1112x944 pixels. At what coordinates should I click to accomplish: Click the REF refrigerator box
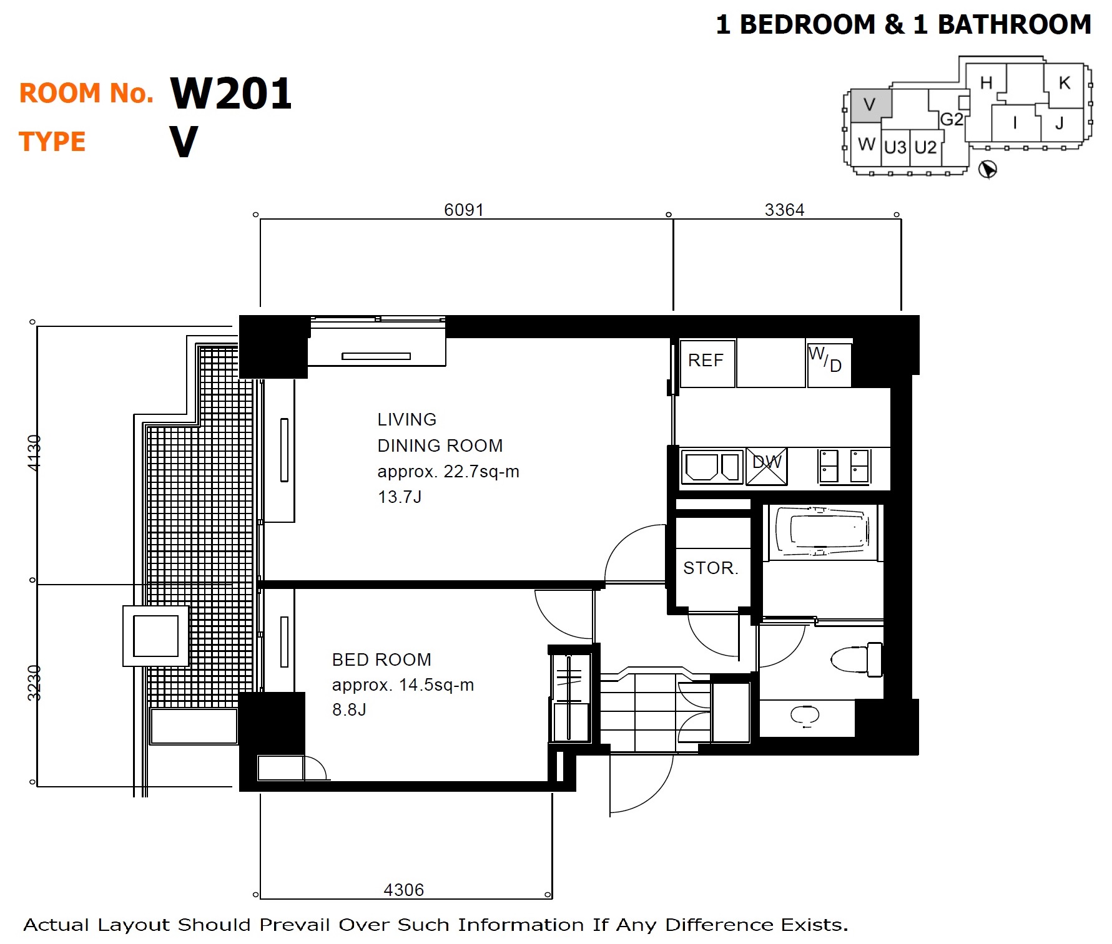point(707,363)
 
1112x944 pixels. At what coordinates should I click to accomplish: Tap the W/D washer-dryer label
point(825,359)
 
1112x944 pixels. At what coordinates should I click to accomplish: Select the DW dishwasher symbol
point(766,465)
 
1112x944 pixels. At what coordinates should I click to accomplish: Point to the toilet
point(856,659)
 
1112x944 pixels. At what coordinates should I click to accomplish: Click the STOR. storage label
point(711,568)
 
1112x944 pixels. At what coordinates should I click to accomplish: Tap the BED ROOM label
point(381,659)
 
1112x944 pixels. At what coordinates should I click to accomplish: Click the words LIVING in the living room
point(406,419)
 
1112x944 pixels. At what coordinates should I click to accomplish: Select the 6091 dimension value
point(463,210)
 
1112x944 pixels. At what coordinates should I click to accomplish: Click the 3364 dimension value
point(784,210)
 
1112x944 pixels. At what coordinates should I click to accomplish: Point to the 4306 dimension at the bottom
point(403,890)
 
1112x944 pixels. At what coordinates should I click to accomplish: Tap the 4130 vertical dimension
point(34,453)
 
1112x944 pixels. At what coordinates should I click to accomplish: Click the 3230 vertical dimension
point(34,683)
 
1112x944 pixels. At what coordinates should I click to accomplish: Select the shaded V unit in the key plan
point(871,105)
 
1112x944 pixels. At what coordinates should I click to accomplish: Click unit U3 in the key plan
point(895,147)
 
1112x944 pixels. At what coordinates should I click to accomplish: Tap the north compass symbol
point(987,169)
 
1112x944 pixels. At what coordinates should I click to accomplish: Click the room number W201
point(231,94)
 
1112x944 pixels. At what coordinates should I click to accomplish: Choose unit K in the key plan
point(1065,83)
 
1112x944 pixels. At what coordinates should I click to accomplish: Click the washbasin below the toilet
point(805,716)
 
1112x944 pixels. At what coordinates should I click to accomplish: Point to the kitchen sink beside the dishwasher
point(712,466)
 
